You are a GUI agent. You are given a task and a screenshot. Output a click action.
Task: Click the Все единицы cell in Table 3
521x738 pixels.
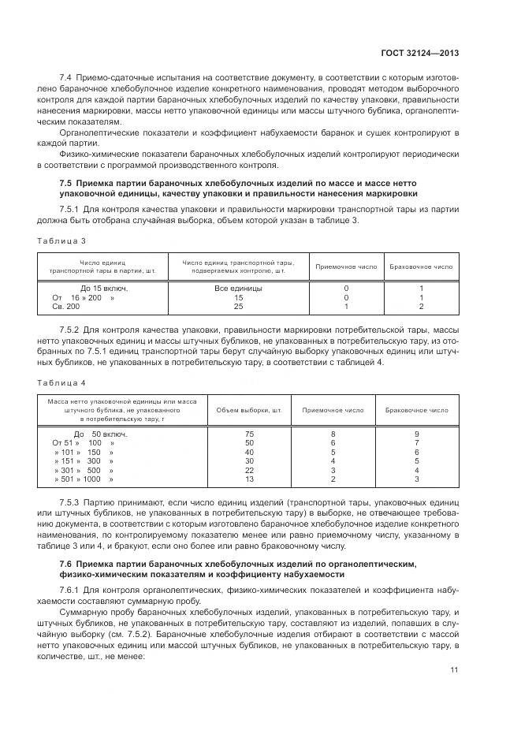tap(238, 289)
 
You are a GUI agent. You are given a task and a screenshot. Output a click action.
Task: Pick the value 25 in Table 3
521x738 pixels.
tap(238, 306)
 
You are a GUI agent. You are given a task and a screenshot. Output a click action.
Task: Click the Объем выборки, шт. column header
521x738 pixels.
tap(249, 410)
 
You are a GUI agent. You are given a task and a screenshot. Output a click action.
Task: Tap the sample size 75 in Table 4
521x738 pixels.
tap(249, 434)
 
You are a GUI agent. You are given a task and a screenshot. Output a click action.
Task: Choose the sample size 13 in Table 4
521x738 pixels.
tap(249, 479)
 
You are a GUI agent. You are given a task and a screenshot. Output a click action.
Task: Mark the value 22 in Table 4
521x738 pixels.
tap(249, 470)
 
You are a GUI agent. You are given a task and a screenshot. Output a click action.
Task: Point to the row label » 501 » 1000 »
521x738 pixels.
tap(84, 479)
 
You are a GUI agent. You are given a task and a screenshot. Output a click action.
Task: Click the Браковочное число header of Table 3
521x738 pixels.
tap(422, 266)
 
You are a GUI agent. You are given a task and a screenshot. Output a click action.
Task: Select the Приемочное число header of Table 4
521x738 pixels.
tap(333, 410)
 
